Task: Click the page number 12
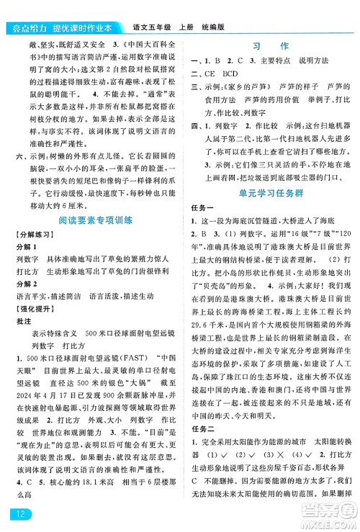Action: tap(17, 513)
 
